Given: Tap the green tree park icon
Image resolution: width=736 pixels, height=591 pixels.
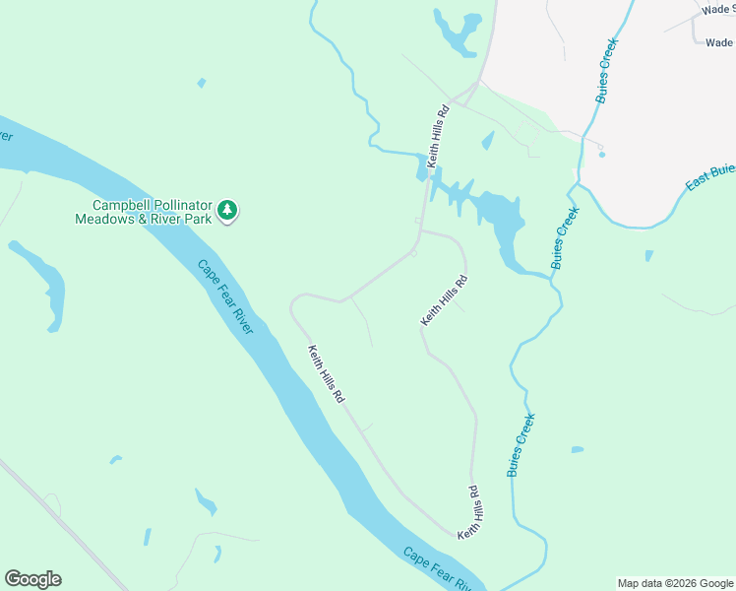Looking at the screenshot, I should [228, 210].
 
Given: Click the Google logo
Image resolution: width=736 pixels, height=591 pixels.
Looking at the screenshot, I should [32, 579].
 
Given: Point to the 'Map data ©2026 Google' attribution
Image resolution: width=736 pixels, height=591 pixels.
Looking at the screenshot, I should [675, 583].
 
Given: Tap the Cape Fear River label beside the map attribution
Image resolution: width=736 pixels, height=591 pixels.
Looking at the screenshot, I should [438, 568].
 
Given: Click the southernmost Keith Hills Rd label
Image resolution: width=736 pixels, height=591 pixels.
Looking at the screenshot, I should [470, 511].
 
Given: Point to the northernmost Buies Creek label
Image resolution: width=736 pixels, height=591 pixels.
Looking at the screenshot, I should [605, 70].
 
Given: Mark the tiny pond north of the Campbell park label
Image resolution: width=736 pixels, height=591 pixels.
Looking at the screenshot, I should [202, 83].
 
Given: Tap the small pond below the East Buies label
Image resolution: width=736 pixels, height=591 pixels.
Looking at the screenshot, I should [648, 256].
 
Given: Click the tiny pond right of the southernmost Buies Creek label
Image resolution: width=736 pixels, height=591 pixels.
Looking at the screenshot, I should [577, 450].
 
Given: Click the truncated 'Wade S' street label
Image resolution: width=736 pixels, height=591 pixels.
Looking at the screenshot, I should [717, 9].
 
